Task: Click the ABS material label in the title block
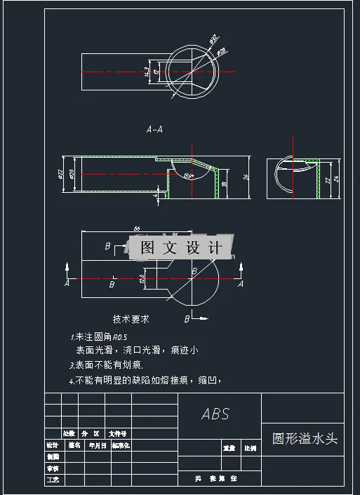click(x=215, y=414)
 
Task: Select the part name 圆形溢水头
click(x=305, y=439)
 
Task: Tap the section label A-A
click(x=154, y=129)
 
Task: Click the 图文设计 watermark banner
click(x=181, y=247)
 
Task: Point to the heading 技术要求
click(x=131, y=318)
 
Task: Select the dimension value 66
click(x=136, y=229)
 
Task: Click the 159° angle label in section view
click(x=187, y=175)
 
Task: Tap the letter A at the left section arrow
click(x=67, y=285)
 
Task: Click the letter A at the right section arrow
click(x=241, y=284)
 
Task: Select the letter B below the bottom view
click(x=187, y=319)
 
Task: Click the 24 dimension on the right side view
click(x=336, y=179)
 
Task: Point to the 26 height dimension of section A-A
click(x=246, y=177)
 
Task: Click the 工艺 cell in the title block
click(x=53, y=480)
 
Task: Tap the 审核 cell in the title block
click(x=53, y=468)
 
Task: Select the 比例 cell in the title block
click(x=250, y=447)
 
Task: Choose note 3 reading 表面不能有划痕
click(x=109, y=365)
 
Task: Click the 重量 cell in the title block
click(x=229, y=447)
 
